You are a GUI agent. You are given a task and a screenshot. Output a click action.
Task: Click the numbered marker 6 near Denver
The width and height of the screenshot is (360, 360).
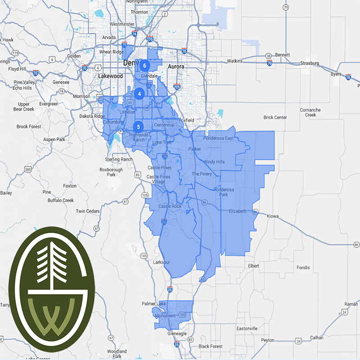click(x=144, y=65)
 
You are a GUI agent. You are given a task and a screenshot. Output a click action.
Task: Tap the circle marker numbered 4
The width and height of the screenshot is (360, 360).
click(x=139, y=94)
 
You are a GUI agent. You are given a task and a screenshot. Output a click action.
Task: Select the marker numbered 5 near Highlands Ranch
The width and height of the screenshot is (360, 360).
click(x=139, y=126)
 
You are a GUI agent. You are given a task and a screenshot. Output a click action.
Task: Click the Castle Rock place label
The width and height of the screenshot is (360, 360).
click(x=170, y=206)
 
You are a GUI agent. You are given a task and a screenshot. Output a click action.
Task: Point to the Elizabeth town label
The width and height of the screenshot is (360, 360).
click(x=238, y=211)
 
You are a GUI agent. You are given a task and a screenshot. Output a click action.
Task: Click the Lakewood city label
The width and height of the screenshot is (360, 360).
click(x=111, y=76)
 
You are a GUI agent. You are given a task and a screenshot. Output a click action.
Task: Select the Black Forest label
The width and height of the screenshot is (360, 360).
click(x=210, y=346)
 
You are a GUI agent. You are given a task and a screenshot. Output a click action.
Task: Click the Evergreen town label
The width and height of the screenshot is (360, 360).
click(x=49, y=104)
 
